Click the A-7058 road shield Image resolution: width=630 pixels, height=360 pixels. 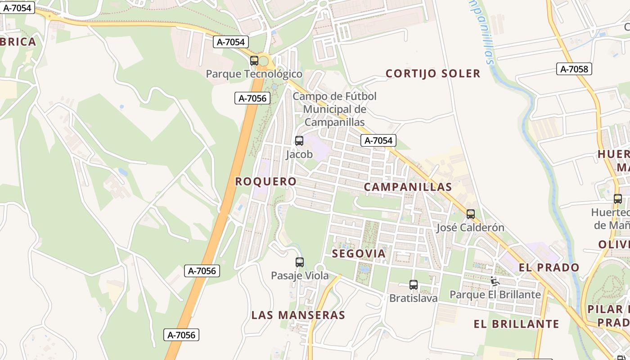[574, 69]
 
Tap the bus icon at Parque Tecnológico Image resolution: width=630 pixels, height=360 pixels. [254, 61]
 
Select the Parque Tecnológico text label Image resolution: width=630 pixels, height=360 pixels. [254, 74]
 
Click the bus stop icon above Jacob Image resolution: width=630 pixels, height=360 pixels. [299, 141]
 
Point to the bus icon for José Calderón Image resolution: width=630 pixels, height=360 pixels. [471, 214]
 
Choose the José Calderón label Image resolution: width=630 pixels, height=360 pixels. [470, 228]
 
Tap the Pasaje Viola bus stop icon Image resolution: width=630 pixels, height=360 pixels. [300, 262]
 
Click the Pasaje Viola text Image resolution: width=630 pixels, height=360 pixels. [300, 276]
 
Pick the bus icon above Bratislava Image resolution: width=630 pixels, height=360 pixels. [414, 285]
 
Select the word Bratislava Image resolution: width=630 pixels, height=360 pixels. [413, 298]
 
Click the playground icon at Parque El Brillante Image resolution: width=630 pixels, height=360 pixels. [495, 281]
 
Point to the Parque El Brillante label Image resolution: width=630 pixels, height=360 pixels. [495, 295]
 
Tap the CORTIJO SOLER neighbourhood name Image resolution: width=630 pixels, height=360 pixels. [433, 73]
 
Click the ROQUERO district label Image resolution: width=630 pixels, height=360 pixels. [266, 181]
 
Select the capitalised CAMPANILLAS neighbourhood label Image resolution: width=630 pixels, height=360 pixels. [408, 187]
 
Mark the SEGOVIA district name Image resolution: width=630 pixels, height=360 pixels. [359, 254]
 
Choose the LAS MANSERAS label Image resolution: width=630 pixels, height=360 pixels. [298, 315]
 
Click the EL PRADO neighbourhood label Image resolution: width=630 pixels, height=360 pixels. [549, 268]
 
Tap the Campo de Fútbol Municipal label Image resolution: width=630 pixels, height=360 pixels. [334, 109]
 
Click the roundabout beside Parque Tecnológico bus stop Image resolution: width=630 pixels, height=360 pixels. [264, 61]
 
